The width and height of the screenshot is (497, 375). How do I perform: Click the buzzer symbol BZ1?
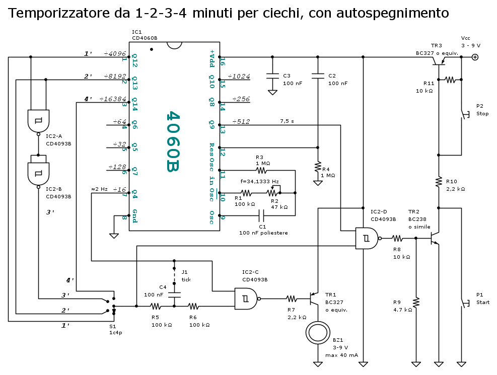pos(318,333)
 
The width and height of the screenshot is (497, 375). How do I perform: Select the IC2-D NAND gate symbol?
pos(366,238)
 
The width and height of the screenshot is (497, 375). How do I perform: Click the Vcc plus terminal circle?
pos(474,57)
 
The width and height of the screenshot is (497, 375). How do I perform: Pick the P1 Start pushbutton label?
pos(482,298)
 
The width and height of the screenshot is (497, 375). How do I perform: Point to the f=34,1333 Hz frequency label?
pos(260,181)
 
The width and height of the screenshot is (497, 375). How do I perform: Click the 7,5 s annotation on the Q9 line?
pos(287,121)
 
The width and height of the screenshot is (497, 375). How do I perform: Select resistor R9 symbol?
pos(416,303)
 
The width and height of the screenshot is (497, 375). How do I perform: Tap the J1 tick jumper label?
pos(186,276)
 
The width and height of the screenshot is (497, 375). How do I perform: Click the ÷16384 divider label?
pos(112,99)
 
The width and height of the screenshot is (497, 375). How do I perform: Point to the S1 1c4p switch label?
pos(116,330)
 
